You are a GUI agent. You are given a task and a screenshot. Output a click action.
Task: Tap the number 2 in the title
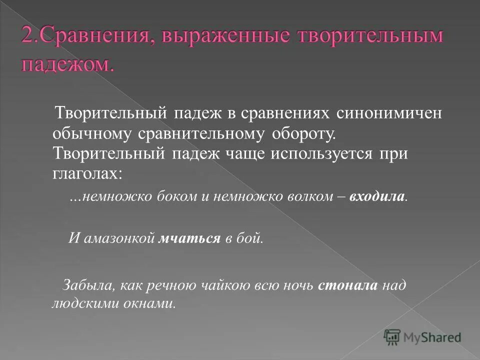[27, 38]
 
